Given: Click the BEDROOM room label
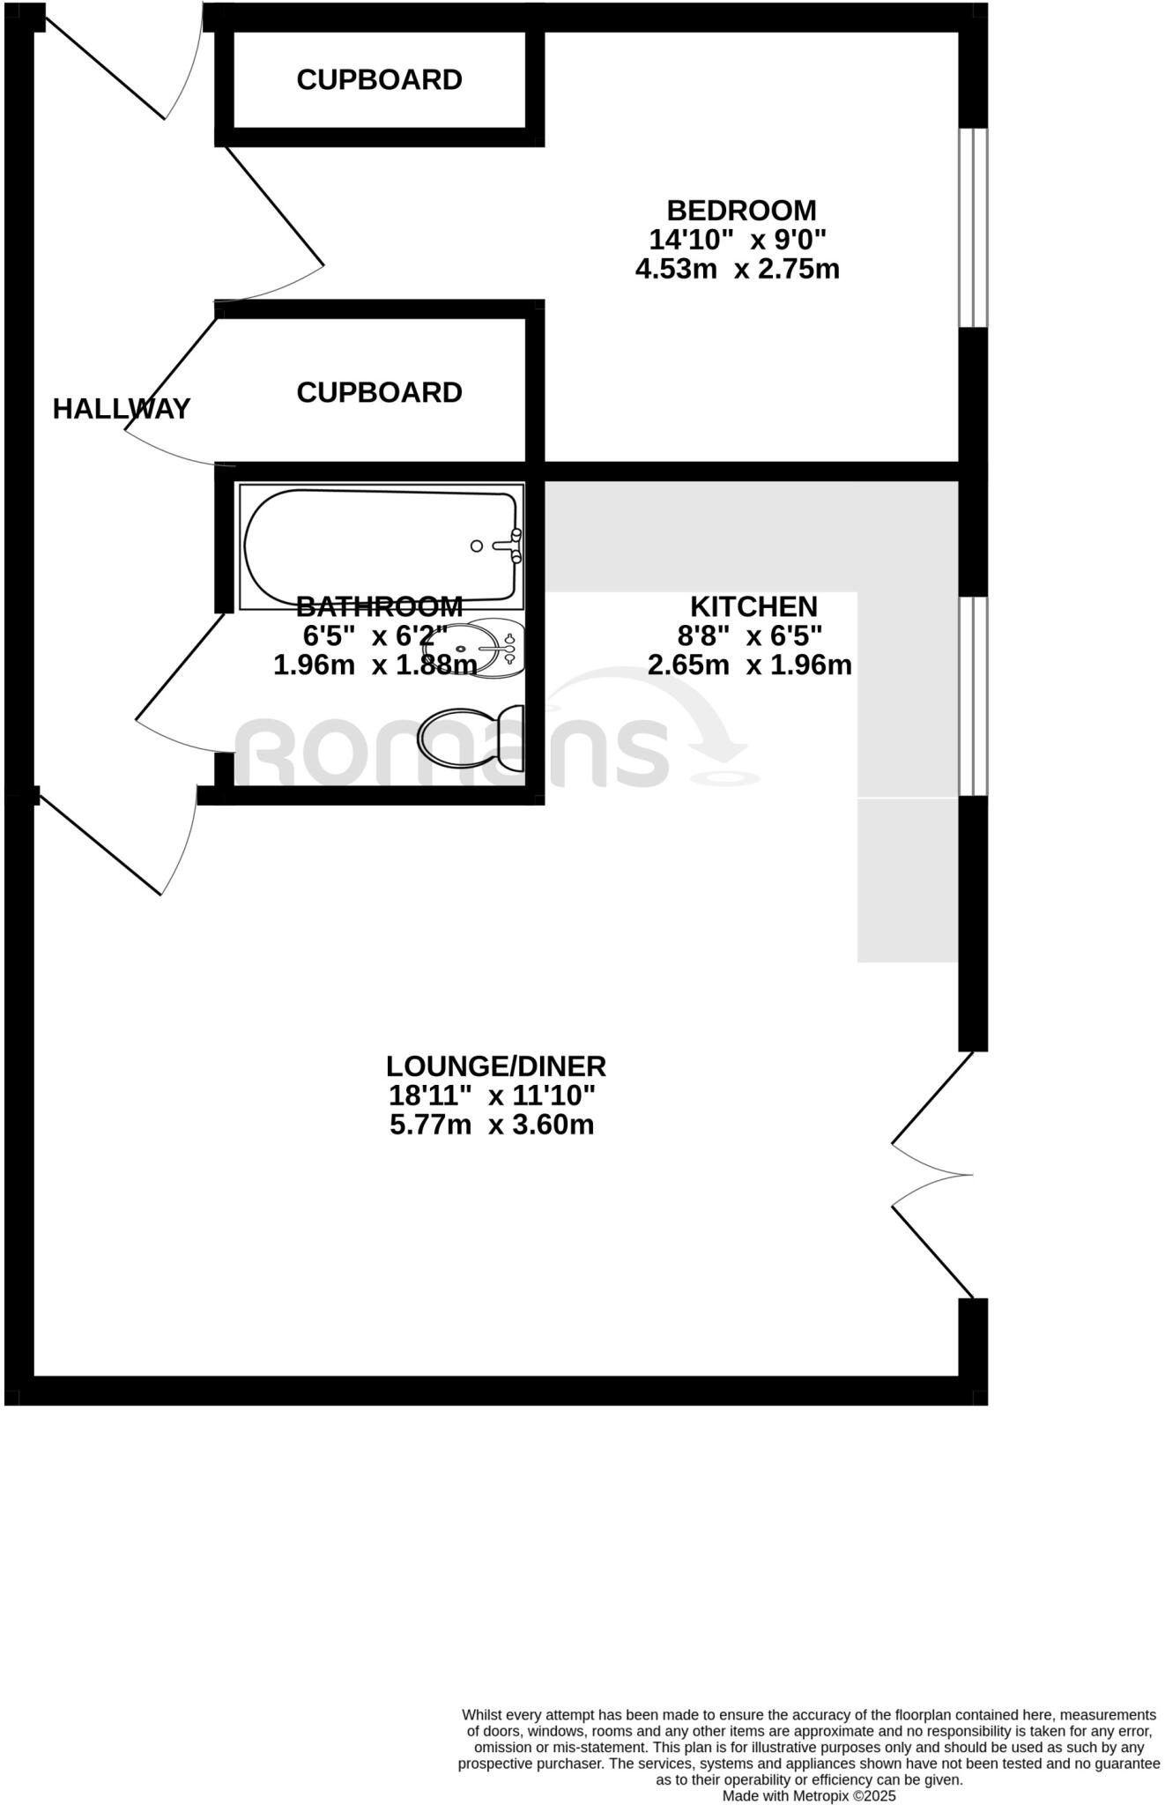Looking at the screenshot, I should point(741,211).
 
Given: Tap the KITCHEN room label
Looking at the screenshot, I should point(753,606).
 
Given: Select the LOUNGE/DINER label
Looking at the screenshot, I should point(496,1066).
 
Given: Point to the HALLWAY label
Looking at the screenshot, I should point(122,409).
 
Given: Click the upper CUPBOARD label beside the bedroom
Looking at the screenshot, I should point(379,80).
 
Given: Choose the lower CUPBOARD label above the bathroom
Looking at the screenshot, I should point(379,393).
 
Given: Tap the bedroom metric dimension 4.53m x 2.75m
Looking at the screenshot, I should point(738,269).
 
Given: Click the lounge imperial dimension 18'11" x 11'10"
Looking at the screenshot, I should point(493,1096).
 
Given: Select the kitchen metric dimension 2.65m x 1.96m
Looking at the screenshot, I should point(750,665).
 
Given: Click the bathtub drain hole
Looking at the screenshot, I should point(477,546).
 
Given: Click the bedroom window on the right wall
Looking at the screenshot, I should point(974,228).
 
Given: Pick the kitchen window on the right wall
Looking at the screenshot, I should point(974,696).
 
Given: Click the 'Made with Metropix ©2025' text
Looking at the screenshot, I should point(809,1795).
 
